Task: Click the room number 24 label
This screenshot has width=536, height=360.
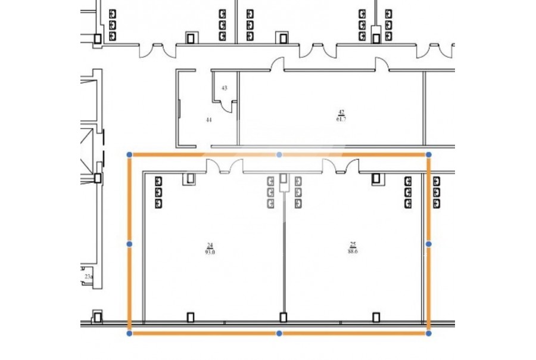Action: tap(210, 245)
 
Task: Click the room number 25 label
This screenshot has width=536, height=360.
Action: tap(353, 244)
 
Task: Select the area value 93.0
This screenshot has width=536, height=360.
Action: tap(210, 252)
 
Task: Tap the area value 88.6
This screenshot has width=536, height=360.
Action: tap(353, 251)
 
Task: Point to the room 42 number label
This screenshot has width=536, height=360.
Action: tap(341, 112)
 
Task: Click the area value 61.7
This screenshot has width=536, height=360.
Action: tap(341, 119)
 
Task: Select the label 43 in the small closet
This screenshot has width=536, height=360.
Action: tap(224, 88)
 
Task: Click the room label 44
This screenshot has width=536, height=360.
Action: tap(208, 119)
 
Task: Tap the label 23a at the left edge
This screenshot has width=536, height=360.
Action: tap(88, 277)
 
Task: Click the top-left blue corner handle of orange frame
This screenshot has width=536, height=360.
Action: tap(130, 154)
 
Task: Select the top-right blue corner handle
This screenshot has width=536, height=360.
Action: tap(428, 154)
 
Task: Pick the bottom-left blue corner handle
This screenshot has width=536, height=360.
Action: tap(130, 333)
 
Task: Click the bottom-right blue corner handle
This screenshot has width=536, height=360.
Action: tap(428, 333)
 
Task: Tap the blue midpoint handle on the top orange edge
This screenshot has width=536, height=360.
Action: tap(279, 154)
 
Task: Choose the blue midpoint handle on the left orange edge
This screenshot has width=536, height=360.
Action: tap(130, 244)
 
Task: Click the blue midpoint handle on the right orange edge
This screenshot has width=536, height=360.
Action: tap(428, 244)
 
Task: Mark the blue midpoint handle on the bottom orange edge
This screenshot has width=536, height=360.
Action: tap(279, 333)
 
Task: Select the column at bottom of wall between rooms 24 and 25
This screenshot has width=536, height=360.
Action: tap(282, 317)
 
